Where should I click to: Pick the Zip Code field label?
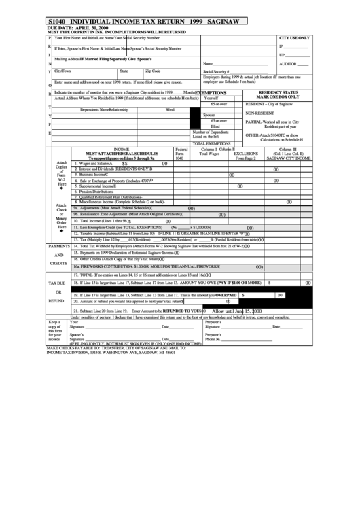[153, 71]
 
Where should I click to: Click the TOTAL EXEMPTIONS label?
[213, 144]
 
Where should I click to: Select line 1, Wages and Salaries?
[95, 164]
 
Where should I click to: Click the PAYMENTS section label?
[58, 246]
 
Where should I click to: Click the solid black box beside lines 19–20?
[298, 301]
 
